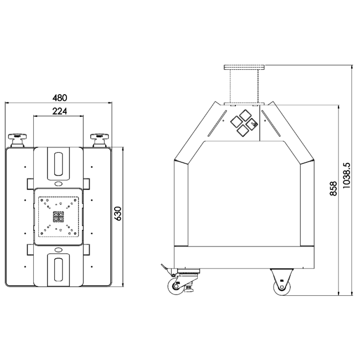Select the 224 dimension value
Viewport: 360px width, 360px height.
click(59, 111)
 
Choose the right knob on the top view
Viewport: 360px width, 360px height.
click(101, 138)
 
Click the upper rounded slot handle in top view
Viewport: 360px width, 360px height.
click(59, 163)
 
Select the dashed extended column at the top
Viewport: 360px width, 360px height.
click(244, 86)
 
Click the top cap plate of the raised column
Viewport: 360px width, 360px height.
click(244, 67)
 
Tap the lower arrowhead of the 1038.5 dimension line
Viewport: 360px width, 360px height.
click(353, 294)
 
